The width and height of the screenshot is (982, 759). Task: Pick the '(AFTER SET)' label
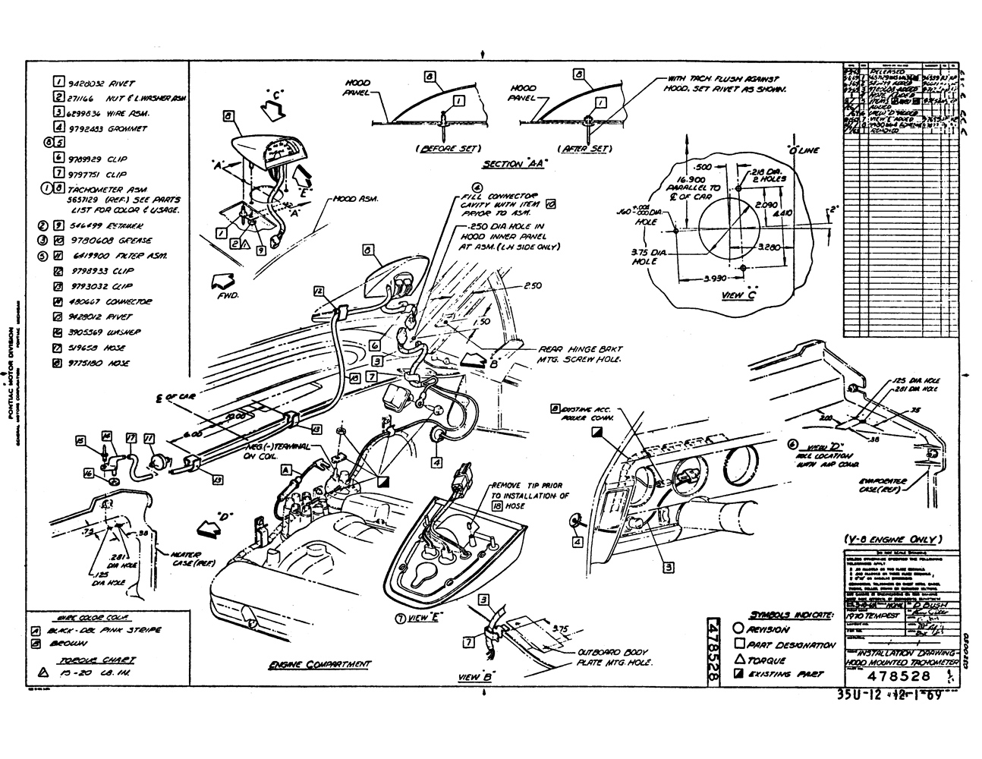pyautogui.click(x=584, y=148)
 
